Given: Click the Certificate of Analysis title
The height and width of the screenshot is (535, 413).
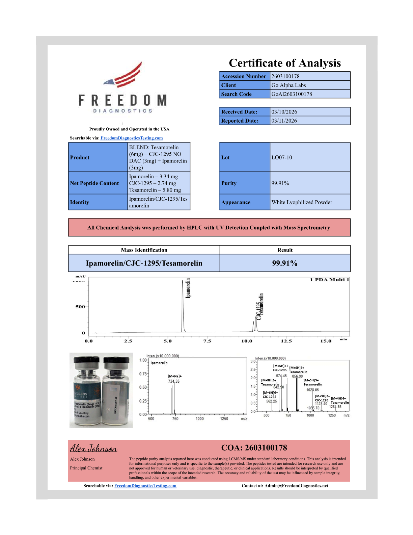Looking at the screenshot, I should [x=285, y=63].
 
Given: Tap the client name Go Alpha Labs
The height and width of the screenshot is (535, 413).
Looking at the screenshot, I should [x=288, y=85].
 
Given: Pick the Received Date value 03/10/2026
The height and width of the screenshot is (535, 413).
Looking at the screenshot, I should [x=284, y=112].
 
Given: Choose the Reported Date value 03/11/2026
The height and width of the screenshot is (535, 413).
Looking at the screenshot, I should [x=284, y=121].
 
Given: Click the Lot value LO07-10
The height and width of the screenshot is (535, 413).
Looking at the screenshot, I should [x=282, y=157].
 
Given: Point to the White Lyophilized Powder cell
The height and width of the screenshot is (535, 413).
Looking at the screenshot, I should [x=302, y=202].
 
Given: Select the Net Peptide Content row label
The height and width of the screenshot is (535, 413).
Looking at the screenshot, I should [x=94, y=183].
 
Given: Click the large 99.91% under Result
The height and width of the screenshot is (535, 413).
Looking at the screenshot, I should [x=285, y=263].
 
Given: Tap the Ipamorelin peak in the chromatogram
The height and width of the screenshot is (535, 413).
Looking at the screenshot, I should [x=183, y=304].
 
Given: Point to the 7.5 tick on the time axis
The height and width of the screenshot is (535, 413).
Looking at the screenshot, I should [x=207, y=341].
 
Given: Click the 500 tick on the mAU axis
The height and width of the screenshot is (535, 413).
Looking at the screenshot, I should [x=80, y=307].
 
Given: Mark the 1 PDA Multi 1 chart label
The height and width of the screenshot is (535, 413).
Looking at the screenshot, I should [x=329, y=280].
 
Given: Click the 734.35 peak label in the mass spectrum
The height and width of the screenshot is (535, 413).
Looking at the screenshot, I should [x=174, y=381].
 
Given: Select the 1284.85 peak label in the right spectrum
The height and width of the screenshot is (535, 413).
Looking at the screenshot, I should [x=335, y=407].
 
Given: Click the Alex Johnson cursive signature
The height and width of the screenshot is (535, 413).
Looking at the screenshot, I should [x=93, y=449].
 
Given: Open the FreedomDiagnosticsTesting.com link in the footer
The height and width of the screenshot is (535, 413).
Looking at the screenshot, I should [x=145, y=486].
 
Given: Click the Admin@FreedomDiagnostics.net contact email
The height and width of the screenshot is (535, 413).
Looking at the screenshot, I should [x=296, y=486].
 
